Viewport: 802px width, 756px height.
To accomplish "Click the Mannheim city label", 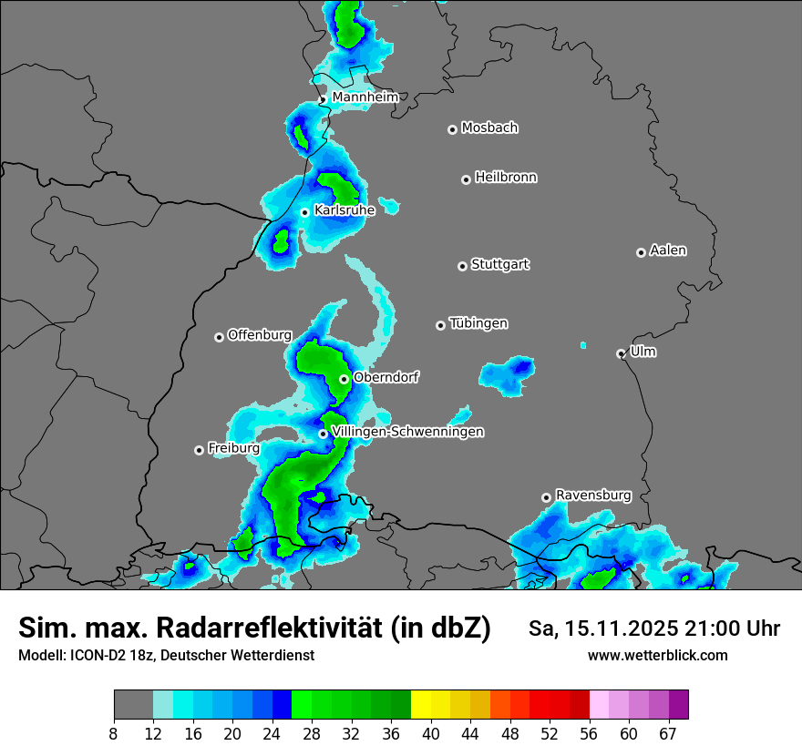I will [x=365, y=97].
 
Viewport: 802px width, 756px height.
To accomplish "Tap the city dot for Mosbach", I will [x=452, y=129].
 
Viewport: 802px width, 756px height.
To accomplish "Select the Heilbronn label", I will [x=506, y=178].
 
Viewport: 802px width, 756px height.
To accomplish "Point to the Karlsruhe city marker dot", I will [x=305, y=212].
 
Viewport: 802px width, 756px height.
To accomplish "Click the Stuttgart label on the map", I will [x=500, y=265].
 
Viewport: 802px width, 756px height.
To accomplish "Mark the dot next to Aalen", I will [x=641, y=252].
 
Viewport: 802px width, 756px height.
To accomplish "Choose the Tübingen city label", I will [x=478, y=323].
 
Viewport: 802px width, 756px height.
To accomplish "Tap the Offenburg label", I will [x=259, y=335].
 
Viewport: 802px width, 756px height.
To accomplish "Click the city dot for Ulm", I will [x=621, y=353].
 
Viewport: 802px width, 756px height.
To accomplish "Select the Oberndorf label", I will [x=386, y=377].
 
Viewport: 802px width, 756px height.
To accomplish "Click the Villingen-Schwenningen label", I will [x=407, y=432].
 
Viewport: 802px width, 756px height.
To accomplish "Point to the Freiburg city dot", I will [x=199, y=450].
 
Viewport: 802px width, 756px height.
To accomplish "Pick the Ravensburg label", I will [x=593, y=495].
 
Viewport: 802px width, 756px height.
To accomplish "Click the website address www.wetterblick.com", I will [x=657, y=655].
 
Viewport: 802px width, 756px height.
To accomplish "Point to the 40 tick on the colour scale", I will [x=430, y=733].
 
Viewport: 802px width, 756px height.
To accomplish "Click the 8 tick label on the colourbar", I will [x=114, y=733].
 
